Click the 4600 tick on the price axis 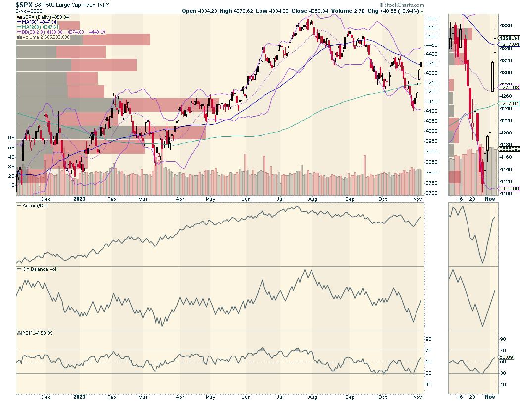coord(432,18)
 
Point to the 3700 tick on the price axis coord(432,193)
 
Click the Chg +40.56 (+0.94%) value coord(397,11)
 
